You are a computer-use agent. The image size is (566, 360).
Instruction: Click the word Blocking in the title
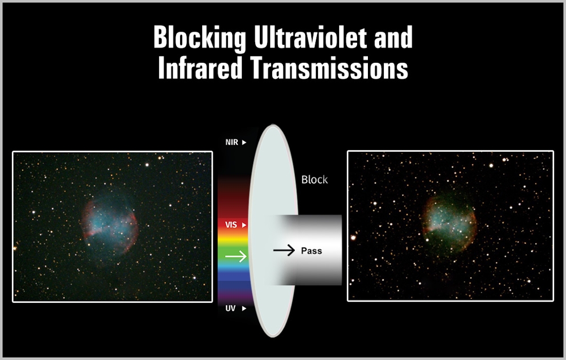pyautogui.click(x=200, y=38)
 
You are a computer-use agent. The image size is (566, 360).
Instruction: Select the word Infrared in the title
pyautogui.click(x=200, y=67)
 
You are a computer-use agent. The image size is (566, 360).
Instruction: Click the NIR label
pyautogui.click(x=231, y=142)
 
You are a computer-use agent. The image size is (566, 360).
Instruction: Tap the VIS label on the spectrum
pyautogui.click(x=231, y=225)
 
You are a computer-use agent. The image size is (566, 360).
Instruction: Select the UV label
pyautogui.click(x=230, y=308)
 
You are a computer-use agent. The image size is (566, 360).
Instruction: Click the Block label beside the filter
pyautogui.click(x=314, y=179)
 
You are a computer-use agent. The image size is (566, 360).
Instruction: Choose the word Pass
pyautogui.click(x=311, y=251)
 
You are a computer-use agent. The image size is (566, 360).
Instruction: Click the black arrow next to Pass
pyautogui.click(x=284, y=250)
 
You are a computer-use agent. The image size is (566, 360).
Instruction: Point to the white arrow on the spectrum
pyautogui.click(x=235, y=256)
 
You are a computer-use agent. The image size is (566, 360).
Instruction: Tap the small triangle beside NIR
pyautogui.click(x=244, y=142)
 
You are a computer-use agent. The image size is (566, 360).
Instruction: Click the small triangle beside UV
pyautogui.click(x=244, y=308)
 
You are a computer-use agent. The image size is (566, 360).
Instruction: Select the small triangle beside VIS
pyautogui.click(x=244, y=225)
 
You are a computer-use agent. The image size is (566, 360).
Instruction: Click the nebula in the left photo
pyautogui.click(x=110, y=226)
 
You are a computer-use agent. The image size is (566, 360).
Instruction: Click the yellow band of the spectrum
pyautogui.click(x=233, y=239)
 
